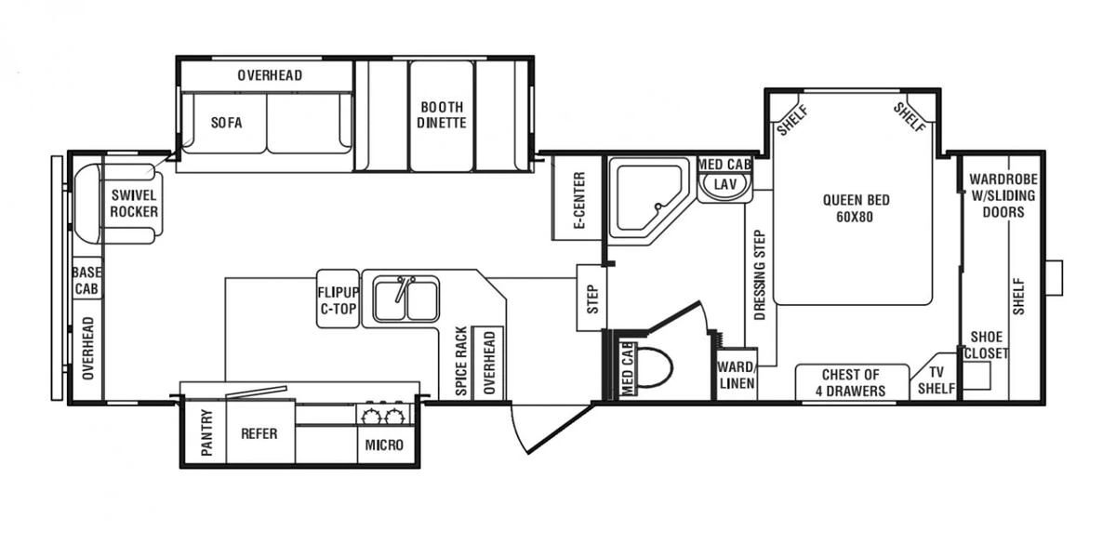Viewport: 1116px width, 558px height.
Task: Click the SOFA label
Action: pyautogui.click(x=226, y=123)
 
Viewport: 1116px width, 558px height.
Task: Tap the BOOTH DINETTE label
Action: pyautogui.click(x=441, y=115)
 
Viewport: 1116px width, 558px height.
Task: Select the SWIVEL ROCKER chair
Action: pyautogui.click(x=133, y=204)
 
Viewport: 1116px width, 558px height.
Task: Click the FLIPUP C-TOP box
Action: pyautogui.click(x=338, y=299)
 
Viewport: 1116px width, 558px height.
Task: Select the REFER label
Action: pyautogui.click(x=260, y=433)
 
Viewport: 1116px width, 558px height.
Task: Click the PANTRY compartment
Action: pyautogui.click(x=206, y=433)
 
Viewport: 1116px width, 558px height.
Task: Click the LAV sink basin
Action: pyautogui.click(x=724, y=185)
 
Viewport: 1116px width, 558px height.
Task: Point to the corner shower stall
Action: pyautogui.click(x=643, y=198)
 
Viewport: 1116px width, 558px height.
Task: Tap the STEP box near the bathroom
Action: pyautogui.click(x=591, y=298)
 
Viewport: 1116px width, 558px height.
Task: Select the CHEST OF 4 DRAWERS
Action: pyautogui.click(x=851, y=382)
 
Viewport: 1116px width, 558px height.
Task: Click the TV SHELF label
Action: pyautogui.click(x=937, y=380)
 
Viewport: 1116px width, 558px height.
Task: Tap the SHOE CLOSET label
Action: pyautogui.click(x=985, y=345)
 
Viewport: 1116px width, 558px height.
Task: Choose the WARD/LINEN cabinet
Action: pyautogui.click(x=736, y=375)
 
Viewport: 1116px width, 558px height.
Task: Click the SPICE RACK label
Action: pyautogui.click(x=460, y=362)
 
